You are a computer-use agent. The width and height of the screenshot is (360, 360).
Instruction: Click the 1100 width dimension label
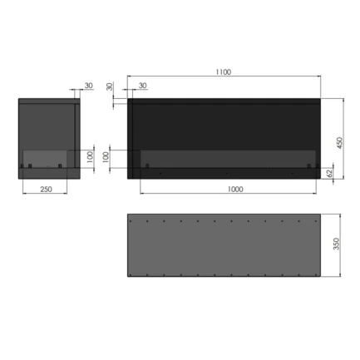pyautogui.click(x=224, y=72)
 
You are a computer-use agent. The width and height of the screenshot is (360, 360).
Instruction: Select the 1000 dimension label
pyautogui.click(x=235, y=190)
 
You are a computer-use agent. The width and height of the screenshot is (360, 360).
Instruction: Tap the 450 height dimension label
pyautogui.click(x=340, y=143)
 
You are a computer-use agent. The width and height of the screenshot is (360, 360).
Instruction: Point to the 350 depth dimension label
pyautogui.click(x=336, y=244)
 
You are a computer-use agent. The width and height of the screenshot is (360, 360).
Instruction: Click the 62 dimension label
pyautogui.click(x=329, y=174)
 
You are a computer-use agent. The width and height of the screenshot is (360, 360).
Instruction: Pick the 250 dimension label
pyautogui.click(x=46, y=190)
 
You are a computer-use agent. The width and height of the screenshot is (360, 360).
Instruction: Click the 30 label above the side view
pyautogui.click(x=89, y=86)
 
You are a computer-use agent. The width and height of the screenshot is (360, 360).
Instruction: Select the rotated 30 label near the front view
pyautogui.click(x=110, y=86)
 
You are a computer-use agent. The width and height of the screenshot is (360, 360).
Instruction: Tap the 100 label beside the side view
pyautogui.click(x=91, y=157)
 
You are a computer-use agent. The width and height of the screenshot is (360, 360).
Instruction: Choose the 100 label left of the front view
pyautogui.click(x=106, y=157)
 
